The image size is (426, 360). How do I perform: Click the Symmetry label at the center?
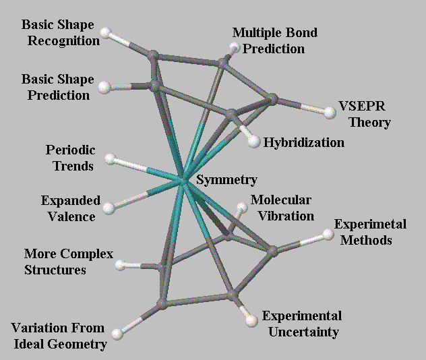[226, 180]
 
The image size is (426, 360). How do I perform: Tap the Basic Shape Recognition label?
[60, 32]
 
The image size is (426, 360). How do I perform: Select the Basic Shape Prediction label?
[58, 88]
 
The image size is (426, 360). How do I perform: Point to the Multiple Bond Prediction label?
[274, 40]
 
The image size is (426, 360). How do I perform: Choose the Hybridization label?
[303, 143]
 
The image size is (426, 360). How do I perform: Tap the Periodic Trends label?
[70, 156]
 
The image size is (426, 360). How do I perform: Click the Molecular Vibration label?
[281, 208]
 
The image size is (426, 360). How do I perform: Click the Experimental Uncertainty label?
[301, 324]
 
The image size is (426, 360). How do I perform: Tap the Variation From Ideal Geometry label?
[59, 336]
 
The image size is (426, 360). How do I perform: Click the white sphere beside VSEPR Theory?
[330, 113]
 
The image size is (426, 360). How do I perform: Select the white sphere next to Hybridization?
[253, 142]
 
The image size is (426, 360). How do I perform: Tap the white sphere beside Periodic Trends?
[111, 160]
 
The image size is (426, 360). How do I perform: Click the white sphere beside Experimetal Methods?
[328, 235]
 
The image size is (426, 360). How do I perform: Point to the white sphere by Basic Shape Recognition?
[105, 32]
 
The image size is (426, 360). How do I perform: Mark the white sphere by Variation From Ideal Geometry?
[118, 332]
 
